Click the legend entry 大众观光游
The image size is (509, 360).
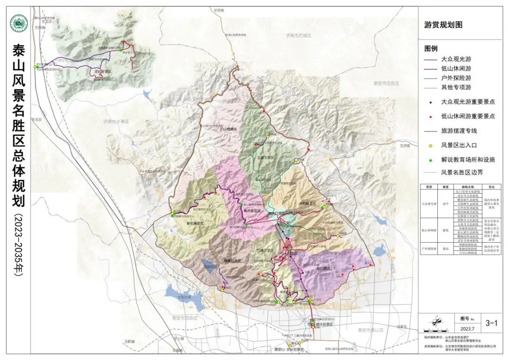[456, 59]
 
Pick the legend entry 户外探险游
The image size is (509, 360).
[456, 78]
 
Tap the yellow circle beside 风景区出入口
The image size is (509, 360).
[430, 146]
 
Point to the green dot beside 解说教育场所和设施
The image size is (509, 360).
[430, 160]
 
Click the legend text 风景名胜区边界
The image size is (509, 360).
[462, 172]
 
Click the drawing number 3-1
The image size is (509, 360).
[491, 323]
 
